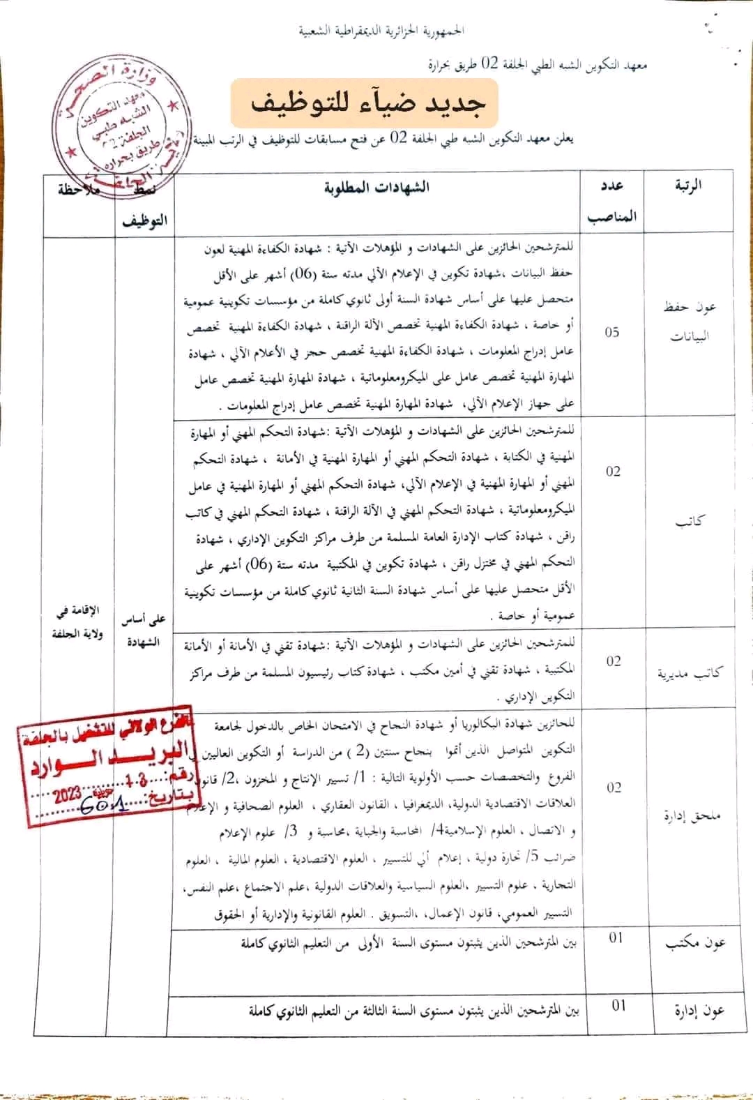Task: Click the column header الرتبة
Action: (x=688, y=186)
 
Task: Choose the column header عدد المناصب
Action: (x=611, y=201)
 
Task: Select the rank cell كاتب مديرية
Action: (x=690, y=672)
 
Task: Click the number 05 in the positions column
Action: (x=612, y=332)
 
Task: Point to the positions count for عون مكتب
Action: (x=616, y=937)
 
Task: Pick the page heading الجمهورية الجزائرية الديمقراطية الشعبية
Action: (x=381, y=31)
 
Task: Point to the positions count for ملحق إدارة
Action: (x=614, y=788)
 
